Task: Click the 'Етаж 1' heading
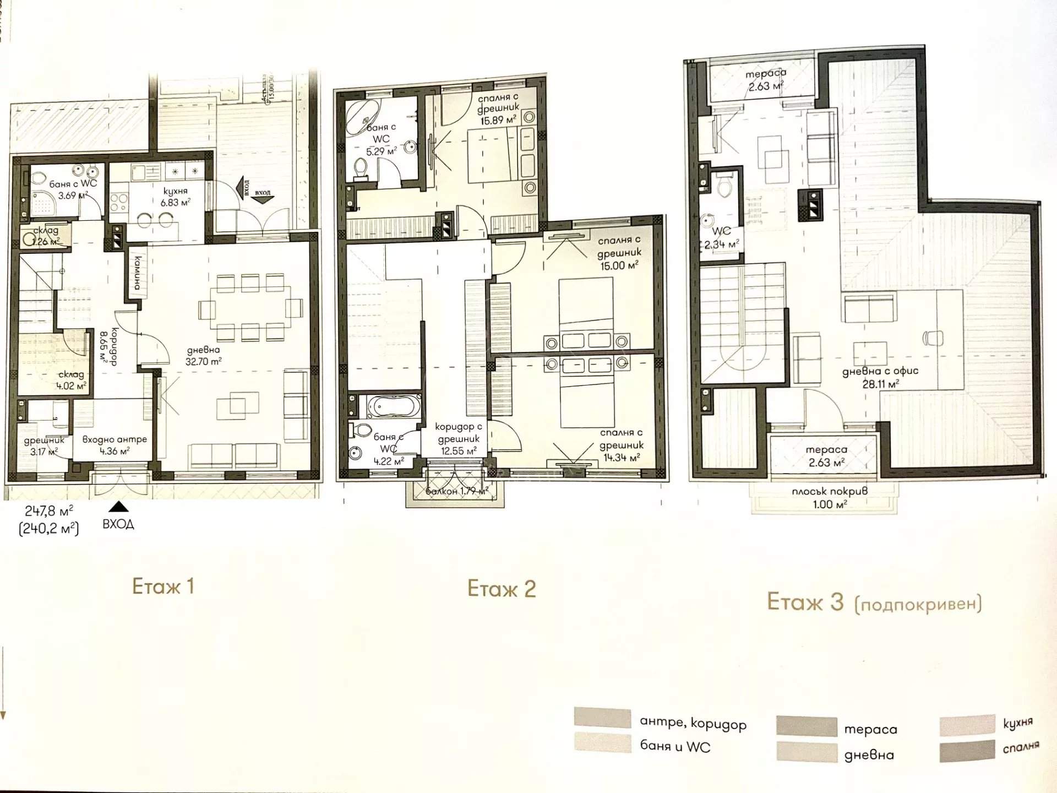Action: pos(163,586)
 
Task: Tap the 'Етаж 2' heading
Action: pos(501,589)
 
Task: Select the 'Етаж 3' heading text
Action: pos(805,602)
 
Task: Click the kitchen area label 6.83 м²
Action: pos(175,197)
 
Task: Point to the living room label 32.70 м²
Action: pos(203,356)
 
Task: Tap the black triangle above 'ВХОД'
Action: pos(119,507)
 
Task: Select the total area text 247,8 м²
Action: pos(48,511)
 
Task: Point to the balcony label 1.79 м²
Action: pos(456,491)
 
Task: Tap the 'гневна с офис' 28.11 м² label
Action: pos(880,377)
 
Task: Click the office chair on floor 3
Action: pos(933,338)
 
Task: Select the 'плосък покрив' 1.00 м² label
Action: pos(830,497)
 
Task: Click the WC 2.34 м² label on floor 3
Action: pos(721,237)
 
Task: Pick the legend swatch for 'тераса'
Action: pos(807,726)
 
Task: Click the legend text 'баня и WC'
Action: pos(675,746)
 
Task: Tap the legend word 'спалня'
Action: pos(1021,747)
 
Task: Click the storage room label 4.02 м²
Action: pos(71,380)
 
